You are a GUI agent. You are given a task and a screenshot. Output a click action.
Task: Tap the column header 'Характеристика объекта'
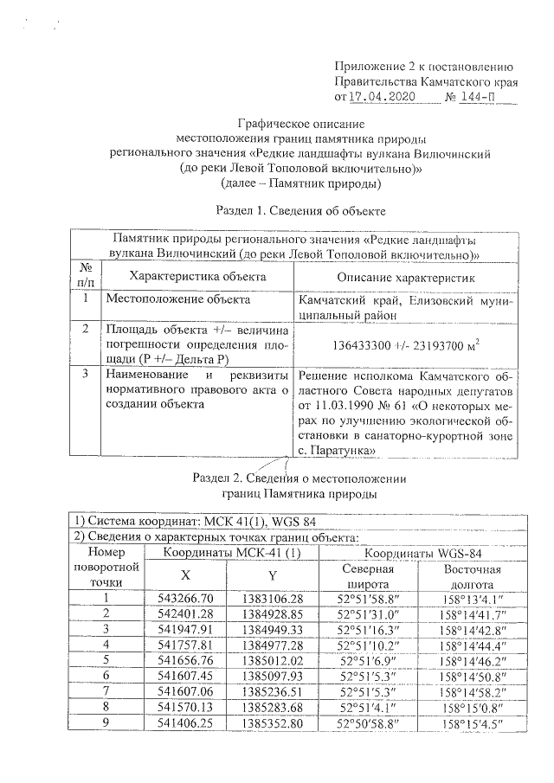coord(196,276)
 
